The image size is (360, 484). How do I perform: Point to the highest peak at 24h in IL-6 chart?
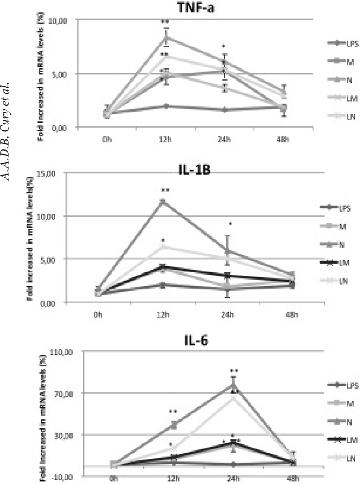(x=234, y=384)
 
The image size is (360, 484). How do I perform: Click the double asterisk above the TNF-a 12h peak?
(x=165, y=22)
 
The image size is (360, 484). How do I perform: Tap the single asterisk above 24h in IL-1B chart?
(x=230, y=224)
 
